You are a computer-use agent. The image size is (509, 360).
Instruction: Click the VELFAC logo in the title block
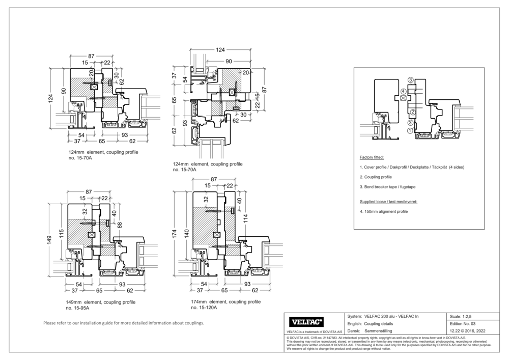306,322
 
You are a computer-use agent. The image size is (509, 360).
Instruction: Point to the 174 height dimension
175,234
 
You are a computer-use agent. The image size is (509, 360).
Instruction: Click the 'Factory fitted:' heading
372,158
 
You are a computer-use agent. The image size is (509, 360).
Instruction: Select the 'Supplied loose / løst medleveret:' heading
388,202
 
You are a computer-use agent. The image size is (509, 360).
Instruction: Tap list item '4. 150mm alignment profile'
384,211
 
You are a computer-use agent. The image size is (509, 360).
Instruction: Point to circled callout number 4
403,92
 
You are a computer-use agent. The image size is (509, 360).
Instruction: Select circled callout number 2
413,112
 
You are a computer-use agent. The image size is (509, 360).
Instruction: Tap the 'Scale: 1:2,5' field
461,316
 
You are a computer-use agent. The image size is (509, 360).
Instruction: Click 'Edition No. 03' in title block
463,324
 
